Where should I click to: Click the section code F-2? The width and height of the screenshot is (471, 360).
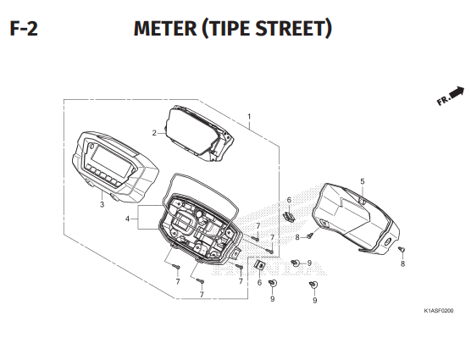[x=24, y=29]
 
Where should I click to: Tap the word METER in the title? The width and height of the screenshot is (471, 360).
[x=165, y=29]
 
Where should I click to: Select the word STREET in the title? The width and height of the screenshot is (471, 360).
[x=291, y=29]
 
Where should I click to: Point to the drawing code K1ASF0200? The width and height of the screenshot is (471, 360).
[x=439, y=311]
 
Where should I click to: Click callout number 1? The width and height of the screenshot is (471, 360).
[x=249, y=117]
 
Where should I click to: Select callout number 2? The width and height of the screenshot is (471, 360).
[x=154, y=133]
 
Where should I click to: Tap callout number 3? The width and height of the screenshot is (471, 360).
[x=103, y=205]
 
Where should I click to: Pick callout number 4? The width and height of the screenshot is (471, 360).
[x=128, y=219]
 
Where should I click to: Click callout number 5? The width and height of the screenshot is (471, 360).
[x=363, y=181]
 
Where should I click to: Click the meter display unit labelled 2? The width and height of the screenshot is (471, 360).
[x=199, y=133]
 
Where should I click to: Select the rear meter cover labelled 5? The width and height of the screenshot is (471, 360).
[x=356, y=219]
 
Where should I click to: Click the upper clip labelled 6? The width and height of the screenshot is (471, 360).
[x=289, y=216]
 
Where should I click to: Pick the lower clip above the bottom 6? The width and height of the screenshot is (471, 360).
[x=260, y=265]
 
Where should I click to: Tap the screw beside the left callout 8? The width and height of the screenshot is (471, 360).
[x=311, y=235]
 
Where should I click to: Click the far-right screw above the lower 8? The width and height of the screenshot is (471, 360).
[x=402, y=249]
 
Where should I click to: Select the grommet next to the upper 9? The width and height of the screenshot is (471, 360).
[x=296, y=263]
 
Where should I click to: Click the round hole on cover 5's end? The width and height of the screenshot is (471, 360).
[x=387, y=241]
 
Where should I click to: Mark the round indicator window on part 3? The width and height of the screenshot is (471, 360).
[x=91, y=147]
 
